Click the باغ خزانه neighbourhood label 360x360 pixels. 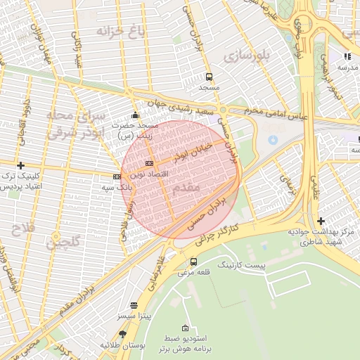point(122,31)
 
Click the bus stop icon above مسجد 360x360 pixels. point(208,77)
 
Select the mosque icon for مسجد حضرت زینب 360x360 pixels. point(135,115)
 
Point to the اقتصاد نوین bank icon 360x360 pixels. point(148,163)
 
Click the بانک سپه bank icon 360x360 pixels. point(117,177)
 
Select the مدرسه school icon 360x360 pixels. point(347,56)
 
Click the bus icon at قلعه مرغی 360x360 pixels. point(193,262)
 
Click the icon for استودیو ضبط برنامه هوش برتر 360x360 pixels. point(185,328)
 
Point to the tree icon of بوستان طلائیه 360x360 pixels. point(123,335)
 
